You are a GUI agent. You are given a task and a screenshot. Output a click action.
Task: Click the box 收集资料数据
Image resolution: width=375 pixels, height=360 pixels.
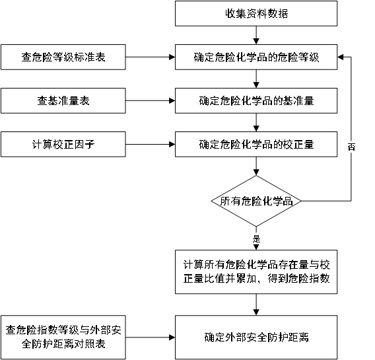coord(256,13)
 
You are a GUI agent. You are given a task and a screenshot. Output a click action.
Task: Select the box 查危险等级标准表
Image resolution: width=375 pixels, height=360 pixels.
coord(63,57)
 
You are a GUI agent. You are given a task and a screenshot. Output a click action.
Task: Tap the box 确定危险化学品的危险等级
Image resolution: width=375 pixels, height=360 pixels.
coord(256,57)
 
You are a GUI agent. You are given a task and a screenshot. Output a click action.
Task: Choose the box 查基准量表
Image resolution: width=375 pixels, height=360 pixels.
coord(63,100)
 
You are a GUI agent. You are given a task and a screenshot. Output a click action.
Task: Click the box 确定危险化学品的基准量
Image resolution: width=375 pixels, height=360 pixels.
coord(256,100)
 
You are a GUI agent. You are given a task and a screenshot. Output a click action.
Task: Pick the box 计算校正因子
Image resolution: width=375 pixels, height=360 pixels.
coord(63,144)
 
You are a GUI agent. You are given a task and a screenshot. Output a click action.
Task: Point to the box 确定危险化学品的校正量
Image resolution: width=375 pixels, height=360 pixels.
coord(256,144)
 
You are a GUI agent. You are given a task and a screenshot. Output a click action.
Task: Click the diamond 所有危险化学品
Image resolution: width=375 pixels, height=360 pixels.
coord(256,201)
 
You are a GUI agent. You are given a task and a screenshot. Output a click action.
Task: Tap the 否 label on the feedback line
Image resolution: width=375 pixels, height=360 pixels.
coord(351,147)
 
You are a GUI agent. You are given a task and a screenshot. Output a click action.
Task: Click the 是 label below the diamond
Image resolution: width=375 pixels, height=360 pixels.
coord(256,238)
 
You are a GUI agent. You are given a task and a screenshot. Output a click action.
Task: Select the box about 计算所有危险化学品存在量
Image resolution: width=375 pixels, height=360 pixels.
coord(256,272)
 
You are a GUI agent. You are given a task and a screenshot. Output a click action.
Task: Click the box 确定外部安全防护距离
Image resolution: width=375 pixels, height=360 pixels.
coord(256,338)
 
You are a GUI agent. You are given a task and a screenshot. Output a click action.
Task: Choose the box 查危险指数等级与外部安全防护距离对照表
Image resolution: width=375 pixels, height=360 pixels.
coord(63,338)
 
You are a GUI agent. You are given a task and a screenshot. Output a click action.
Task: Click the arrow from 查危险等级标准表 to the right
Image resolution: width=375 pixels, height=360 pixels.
coord(150,57)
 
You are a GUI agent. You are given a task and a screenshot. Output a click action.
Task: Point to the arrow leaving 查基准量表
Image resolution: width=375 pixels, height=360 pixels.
coord(150,100)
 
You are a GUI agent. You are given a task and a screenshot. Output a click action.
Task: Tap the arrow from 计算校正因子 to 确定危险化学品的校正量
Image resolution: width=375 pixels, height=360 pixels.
coord(150,144)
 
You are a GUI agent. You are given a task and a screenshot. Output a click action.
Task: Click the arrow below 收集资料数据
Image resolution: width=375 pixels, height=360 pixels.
coord(256,35)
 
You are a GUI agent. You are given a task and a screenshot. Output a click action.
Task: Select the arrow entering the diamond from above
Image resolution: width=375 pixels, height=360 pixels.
coord(256,166)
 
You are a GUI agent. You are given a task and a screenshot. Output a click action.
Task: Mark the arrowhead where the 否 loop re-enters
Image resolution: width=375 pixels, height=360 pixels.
coord(340,57)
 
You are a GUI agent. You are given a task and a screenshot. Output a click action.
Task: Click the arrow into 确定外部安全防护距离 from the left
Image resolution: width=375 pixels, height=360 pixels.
coord(150,338)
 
